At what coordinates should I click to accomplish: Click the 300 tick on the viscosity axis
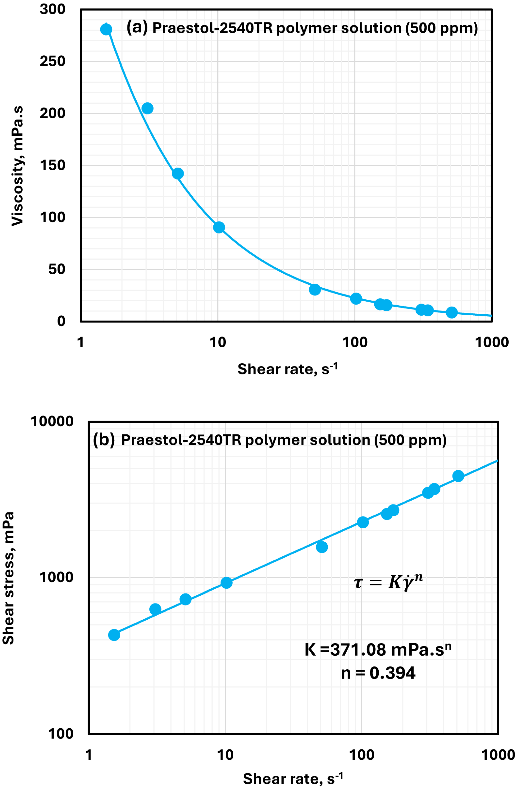tap(52, 9)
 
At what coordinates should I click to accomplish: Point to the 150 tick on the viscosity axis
tap(52, 165)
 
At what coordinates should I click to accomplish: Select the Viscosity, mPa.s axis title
tap(17, 166)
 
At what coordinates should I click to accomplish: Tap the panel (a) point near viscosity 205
tap(147, 108)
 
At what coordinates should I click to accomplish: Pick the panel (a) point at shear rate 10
tap(219, 227)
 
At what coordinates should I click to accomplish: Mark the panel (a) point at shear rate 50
tap(315, 289)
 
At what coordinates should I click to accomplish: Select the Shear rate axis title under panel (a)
tap(287, 369)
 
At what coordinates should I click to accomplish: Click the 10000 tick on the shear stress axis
tap(52, 422)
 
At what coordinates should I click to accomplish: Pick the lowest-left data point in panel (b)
tap(114, 635)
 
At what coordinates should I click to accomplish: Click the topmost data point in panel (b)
tap(458, 476)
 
